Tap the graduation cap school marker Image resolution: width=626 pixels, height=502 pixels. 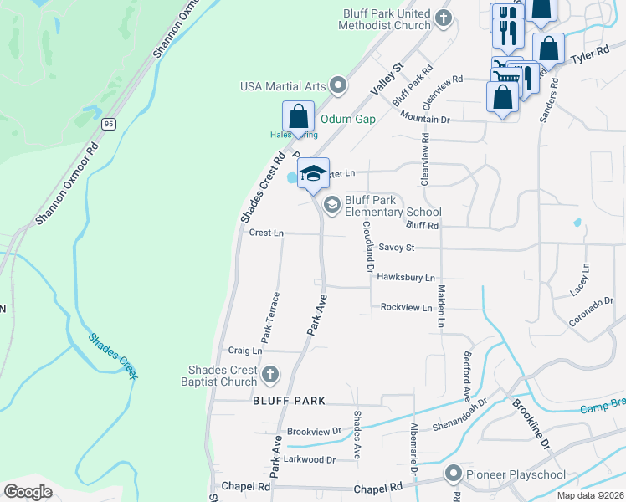click(x=313, y=174)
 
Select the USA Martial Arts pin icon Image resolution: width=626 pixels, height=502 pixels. click(x=338, y=85)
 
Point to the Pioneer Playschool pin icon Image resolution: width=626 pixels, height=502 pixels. click(x=454, y=474)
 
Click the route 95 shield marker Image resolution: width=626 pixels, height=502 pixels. click(x=109, y=123)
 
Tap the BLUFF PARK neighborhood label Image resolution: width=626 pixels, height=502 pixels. click(x=290, y=402)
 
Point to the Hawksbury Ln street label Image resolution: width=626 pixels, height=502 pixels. click(x=406, y=277)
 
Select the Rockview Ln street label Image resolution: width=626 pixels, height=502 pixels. click(x=406, y=307)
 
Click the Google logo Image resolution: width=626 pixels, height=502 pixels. click(x=28, y=491)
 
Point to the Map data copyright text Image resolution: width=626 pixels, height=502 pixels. click(x=590, y=495)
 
